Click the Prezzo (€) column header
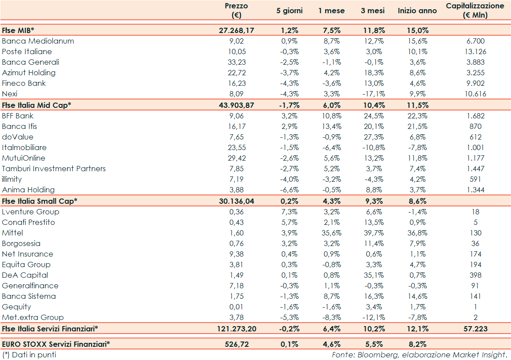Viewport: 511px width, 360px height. click(237, 11)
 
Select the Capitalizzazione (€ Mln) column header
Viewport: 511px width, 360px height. click(475, 11)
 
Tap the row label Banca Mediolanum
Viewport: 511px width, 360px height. click(38, 41)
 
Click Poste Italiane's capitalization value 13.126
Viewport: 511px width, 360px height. click(475, 51)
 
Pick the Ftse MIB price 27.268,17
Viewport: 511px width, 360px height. click(237, 30)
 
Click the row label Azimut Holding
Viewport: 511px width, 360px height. click(29, 73)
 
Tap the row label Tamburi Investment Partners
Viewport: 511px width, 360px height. click(54, 169)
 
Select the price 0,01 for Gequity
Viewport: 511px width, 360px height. click(237, 307)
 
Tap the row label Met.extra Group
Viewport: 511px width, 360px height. click(33, 317)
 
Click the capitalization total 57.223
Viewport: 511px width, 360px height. click(475, 328)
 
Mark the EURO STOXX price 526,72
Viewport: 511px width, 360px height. click(237, 344)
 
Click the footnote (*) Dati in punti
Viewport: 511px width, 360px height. click(29, 354)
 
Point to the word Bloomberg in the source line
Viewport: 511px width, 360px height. click(378, 354)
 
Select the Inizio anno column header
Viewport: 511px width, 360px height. click(417, 11)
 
